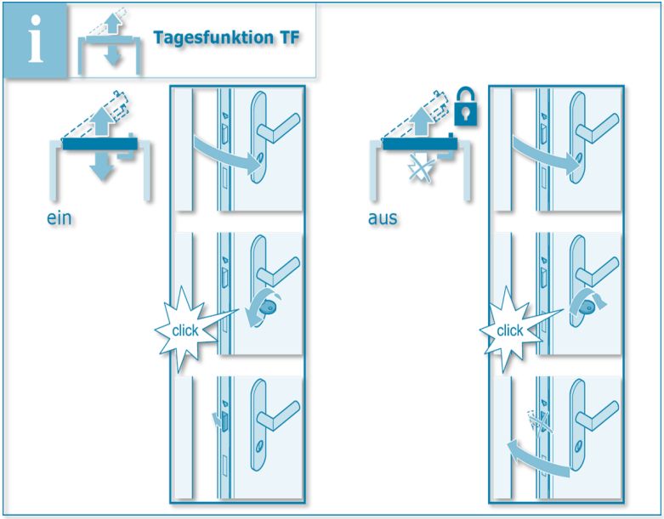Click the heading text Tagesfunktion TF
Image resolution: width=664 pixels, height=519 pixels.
225,38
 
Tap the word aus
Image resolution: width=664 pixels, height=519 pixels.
383,218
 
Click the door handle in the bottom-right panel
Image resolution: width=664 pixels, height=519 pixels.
600,409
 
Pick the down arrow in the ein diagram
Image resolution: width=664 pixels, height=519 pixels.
103,165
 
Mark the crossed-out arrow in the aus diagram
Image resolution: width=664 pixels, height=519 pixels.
419,169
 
